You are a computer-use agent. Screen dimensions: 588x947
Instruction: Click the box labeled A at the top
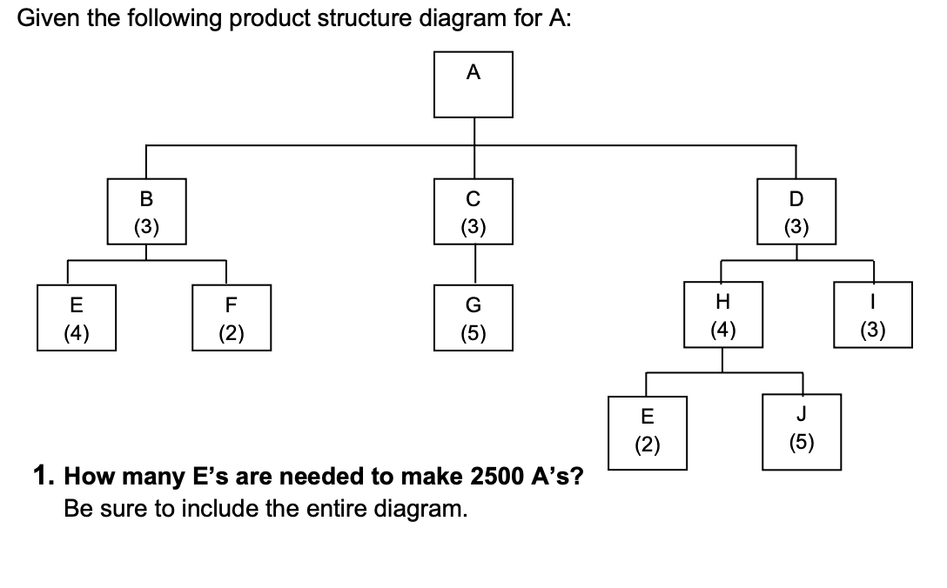coord(473,84)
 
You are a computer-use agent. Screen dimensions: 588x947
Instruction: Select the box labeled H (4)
coord(723,314)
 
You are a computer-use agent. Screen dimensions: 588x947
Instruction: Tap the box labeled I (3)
coord(874,314)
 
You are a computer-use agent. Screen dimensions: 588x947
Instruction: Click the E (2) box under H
coord(647,432)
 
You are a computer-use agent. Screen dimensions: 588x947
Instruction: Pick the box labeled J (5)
coord(802,432)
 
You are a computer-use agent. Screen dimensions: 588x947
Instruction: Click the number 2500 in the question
coord(497,478)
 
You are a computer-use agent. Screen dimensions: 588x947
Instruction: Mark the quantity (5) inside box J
coord(802,443)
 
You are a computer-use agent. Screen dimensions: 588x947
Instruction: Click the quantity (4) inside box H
coord(723,330)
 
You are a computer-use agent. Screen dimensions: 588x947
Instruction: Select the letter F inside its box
coord(231,306)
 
